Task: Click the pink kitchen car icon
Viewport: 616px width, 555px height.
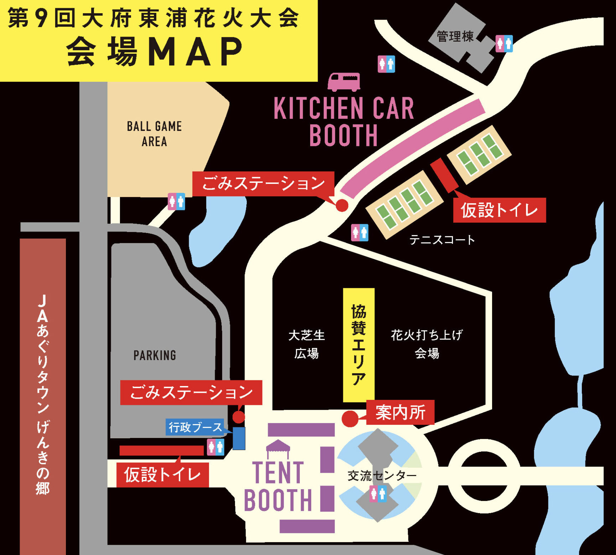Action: [x=344, y=82]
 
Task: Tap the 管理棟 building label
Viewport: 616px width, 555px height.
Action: [x=455, y=36]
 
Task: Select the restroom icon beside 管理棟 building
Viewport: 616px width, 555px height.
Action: [x=504, y=44]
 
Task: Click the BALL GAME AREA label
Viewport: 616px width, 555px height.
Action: [x=154, y=134]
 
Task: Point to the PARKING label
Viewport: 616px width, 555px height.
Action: [x=155, y=355]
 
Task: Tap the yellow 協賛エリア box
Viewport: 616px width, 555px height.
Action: [x=359, y=344]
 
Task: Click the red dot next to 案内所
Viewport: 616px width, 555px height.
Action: [x=350, y=419]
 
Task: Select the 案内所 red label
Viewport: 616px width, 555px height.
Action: [x=400, y=412]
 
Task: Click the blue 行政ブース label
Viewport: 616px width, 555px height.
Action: [x=195, y=427]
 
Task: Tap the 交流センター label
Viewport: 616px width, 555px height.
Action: [x=382, y=475]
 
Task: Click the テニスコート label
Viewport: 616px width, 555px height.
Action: [x=442, y=240]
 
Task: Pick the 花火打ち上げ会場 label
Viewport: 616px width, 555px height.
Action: [x=427, y=344]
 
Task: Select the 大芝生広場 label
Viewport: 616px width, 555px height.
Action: [x=306, y=344]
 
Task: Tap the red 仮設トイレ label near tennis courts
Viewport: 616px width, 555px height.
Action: [x=499, y=210]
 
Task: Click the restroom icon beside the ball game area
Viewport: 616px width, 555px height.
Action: [x=176, y=202]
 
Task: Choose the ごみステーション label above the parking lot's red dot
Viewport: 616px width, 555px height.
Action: [x=191, y=392]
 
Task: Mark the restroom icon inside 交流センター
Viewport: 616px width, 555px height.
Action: [x=378, y=494]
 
